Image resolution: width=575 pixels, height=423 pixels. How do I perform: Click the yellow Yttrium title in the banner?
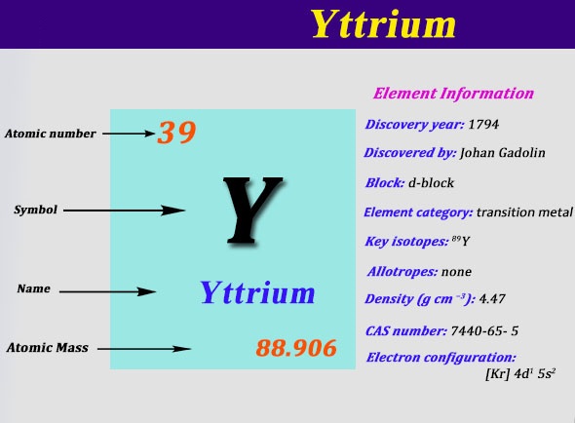tap(384, 23)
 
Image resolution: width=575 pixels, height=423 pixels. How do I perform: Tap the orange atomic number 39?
tap(176, 133)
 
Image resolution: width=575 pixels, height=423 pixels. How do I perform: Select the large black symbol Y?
tap(253, 211)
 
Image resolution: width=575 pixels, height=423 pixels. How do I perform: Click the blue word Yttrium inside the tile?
tap(257, 292)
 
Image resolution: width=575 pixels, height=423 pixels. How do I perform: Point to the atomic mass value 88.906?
tap(296, 348)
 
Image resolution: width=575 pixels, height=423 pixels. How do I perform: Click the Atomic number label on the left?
tap(51, 134)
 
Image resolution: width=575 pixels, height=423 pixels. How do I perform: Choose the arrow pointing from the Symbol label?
tap(125, 211)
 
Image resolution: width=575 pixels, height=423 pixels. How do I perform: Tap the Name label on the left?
tap(34, 288)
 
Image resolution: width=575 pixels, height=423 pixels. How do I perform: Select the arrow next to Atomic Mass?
tap(144, 349)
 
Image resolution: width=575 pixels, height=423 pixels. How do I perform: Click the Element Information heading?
tap(453, 94)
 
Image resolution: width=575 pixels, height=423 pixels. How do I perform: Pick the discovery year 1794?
tap(483, 125)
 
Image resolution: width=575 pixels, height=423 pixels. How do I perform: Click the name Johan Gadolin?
tap(502, 153)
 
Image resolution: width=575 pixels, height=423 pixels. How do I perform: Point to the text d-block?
tap(431, 182)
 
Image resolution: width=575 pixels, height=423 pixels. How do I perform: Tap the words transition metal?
tap(524, 212)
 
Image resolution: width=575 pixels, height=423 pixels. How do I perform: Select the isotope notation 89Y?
tap(461, 241)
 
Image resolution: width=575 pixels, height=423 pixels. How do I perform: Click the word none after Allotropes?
tap(456, 272)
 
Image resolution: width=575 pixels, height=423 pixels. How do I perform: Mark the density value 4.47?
tap(492, 299)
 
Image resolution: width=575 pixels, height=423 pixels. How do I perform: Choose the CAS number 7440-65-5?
tap(484, 331)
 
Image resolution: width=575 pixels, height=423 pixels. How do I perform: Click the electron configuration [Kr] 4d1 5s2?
tap(520, 374)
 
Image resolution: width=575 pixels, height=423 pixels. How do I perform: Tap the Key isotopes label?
tap(406, 242)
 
